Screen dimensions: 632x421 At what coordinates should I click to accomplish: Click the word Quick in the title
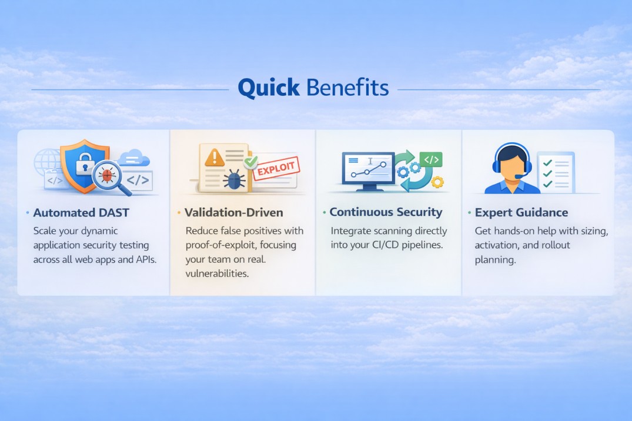[x=269, y=88]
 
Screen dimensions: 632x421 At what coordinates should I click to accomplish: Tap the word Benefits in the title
[x=347, y=88]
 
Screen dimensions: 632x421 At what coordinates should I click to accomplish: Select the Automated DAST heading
[x=81, y=212]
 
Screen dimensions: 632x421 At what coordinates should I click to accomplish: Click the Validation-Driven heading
[x=234, y=212]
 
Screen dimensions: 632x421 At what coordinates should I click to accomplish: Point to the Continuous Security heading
[x=386, y=212]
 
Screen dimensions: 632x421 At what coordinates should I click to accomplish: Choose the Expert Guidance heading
[x=521, y=212]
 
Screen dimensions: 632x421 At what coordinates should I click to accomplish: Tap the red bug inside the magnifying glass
[x=107, y=175]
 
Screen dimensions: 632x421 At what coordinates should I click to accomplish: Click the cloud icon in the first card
[x=134, y=158]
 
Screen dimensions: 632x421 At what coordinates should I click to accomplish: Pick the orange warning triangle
[x=215, y=157]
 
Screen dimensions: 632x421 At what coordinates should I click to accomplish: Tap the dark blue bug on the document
[x=234, y=179]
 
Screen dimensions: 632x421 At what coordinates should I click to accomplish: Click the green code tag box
[x=431, y=159]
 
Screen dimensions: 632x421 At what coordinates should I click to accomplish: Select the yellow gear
[x=437, y=182]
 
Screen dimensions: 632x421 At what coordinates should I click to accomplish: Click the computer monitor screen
[x=368, y=168]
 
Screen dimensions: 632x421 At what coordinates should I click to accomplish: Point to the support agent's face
[x=512, y=165]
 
